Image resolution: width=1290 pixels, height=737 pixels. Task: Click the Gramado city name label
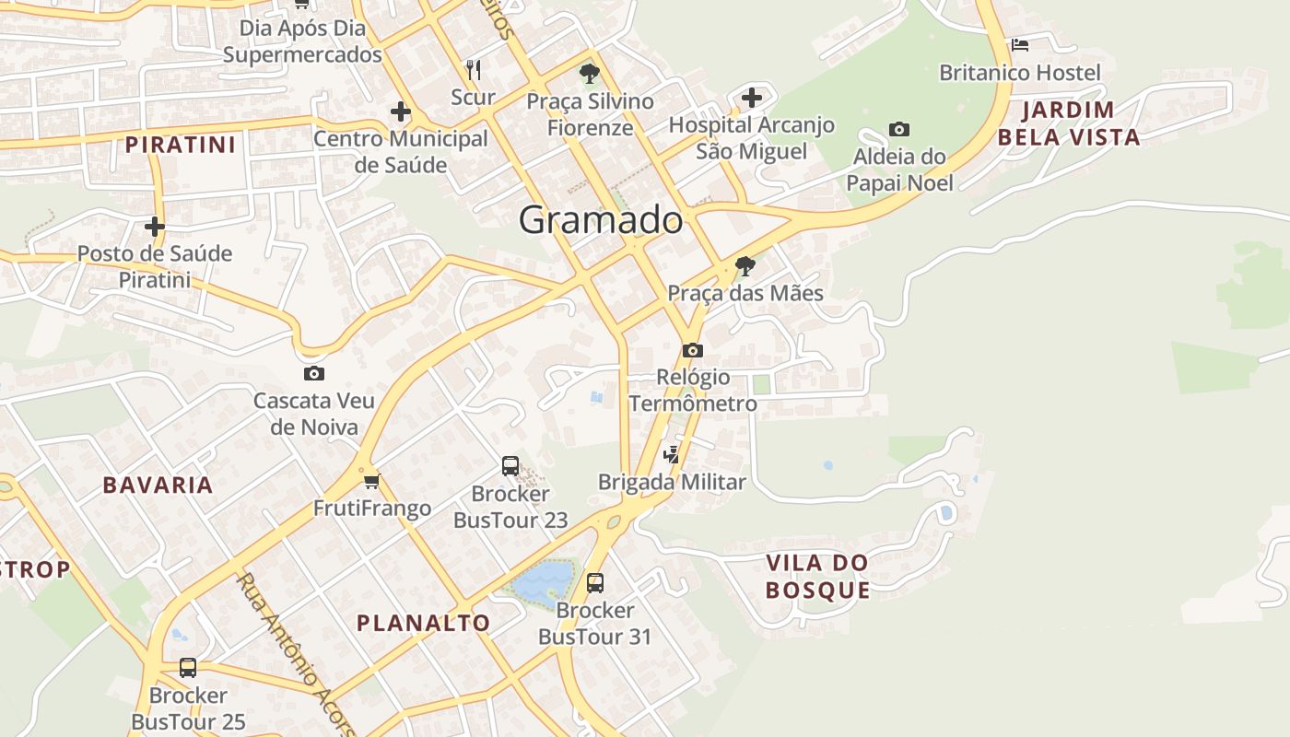pyautogui.click(x=601, y=220)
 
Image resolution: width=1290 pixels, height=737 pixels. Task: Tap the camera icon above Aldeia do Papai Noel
pyautogui.click(x=898, y=129)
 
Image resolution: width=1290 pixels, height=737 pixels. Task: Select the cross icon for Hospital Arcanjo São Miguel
pyautogui.click(x=752, y=97)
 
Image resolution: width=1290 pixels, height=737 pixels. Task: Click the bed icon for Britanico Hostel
pyautogui.click(x=1020, y=44)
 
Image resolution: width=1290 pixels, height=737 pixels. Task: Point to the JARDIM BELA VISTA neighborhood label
pyautogui.click(x=1069, y=123)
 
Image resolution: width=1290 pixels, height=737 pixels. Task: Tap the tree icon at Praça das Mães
pyautogui.click(x=745, y=266)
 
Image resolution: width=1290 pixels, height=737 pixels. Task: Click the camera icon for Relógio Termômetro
pyautogui.click(x=693, y=350)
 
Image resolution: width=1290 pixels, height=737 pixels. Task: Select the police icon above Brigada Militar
pyautogui.click(x=672, y=454)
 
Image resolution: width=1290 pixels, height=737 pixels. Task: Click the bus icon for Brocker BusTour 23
pyautogui.click(x=510, y=466)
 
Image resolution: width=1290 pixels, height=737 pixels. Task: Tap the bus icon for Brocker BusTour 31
pyautogui.click(x=595, y=582)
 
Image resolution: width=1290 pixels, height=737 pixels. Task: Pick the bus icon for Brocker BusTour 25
pyautogui.click(x=188, y=667)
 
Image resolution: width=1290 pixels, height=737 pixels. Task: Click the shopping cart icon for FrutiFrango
pyautogui.click(x=372, y=481)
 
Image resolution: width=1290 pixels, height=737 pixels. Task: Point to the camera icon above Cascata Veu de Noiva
pyautogui.click(x=314, y=373)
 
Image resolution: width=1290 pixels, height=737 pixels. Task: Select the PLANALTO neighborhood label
pyautogui.click(x=423, y=623)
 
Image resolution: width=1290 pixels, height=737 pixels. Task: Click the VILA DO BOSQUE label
pyautogui.click(x=818, y=576)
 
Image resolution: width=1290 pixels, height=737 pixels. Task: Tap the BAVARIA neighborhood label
pyautogui.click(x=158, y=485)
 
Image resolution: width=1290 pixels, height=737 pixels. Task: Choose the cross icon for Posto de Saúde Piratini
pyautogui.click(x=155, y=226)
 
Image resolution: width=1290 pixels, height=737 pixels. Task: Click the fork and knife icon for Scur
pyautogui.click(x=474, y=69)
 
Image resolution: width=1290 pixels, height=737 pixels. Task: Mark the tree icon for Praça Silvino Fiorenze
pyautogui.click(x=590, y=74)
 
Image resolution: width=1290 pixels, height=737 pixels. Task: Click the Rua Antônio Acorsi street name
pyautogui.click(x=295, y=654)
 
